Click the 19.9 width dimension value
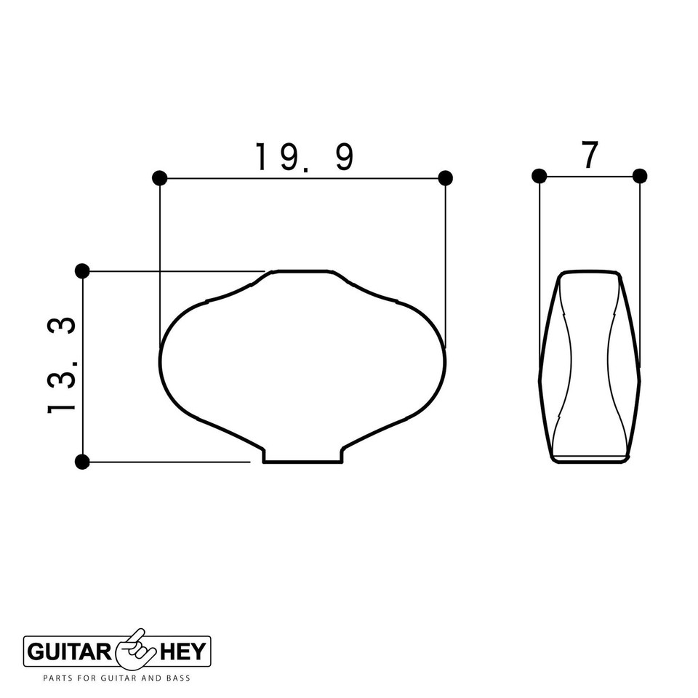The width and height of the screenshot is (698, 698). click(304, 156)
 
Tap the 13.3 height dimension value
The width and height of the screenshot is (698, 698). click(63, 366)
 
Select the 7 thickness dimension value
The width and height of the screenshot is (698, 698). click(590, 155)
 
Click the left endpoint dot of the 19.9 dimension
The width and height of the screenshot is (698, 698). click(160, 178)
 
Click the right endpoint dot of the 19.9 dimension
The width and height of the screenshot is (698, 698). click(446, 178)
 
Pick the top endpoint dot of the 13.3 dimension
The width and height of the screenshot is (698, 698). click(82, 271)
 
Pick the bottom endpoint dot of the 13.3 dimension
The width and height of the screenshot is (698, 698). click(82, 462)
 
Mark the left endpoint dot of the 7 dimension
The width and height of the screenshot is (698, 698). click(539, 176)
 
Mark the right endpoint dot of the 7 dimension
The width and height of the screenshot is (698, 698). click(640, 176)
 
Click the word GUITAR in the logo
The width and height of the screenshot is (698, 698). click(68, 651)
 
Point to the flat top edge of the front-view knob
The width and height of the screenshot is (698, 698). click(302, 271)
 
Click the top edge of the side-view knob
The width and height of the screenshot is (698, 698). click(590, 272)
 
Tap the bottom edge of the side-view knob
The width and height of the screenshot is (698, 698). click(590, 461)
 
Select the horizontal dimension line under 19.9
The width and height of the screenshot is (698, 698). click(302, 178)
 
